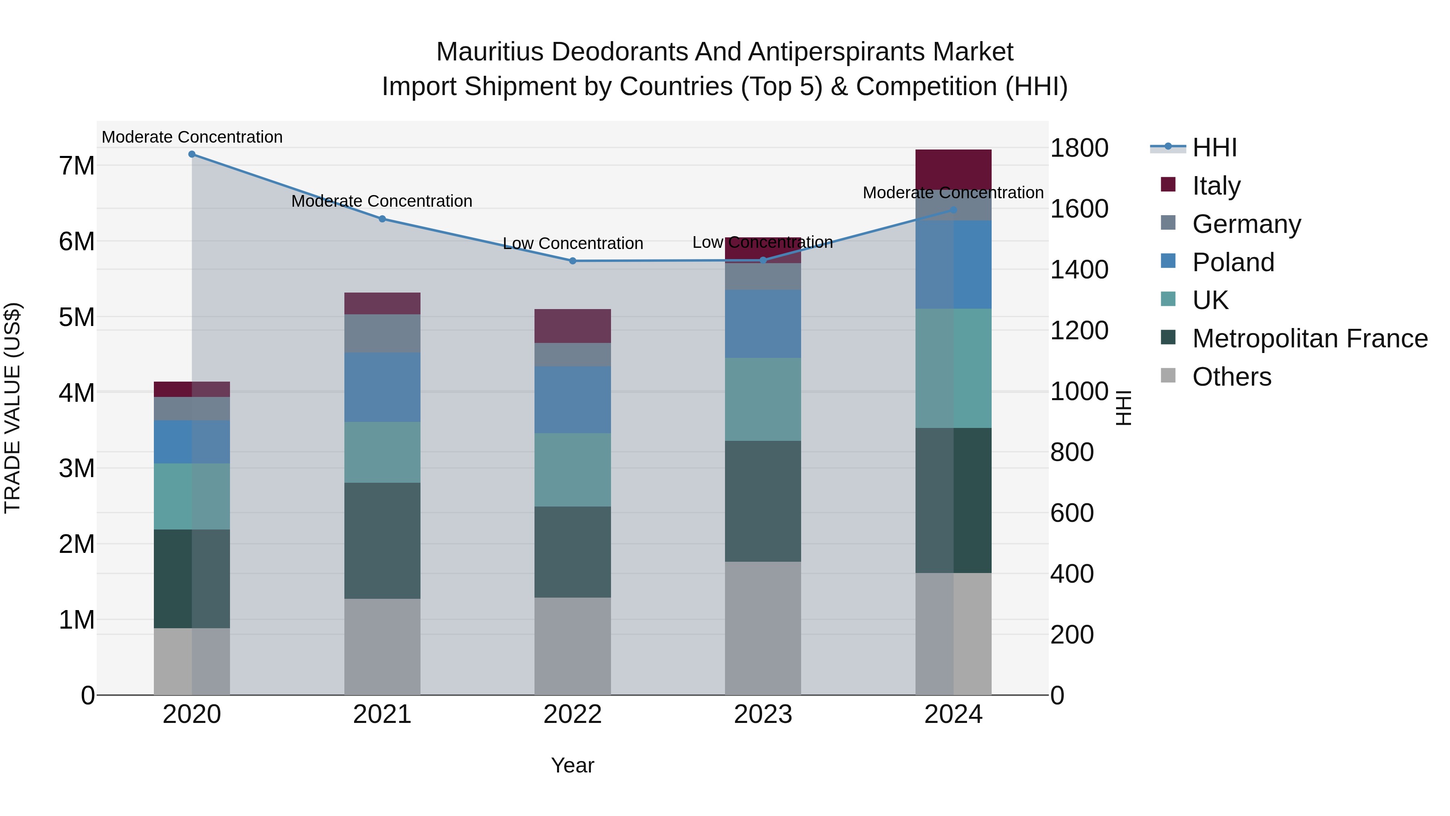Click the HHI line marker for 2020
(x=192, y=154)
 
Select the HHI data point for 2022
(x=572, y=261)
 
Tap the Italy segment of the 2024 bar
(x=953, y=169)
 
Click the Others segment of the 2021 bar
(x=382, y=646)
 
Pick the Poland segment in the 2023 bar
(x=763, y=324)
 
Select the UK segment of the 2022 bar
(x=572, y=470)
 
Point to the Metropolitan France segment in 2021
(x=382, y=541)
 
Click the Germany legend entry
(x=1246, y=224)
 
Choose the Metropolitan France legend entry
(x=1309, y=338)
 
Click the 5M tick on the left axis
(x=77, y=317)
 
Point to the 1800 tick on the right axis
(x=1079, y=148)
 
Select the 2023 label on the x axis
(x=763, y=714)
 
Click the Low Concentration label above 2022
(x=572, y=243)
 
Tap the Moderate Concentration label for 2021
(x=382, y=201)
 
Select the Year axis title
(x=572, y=765)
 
